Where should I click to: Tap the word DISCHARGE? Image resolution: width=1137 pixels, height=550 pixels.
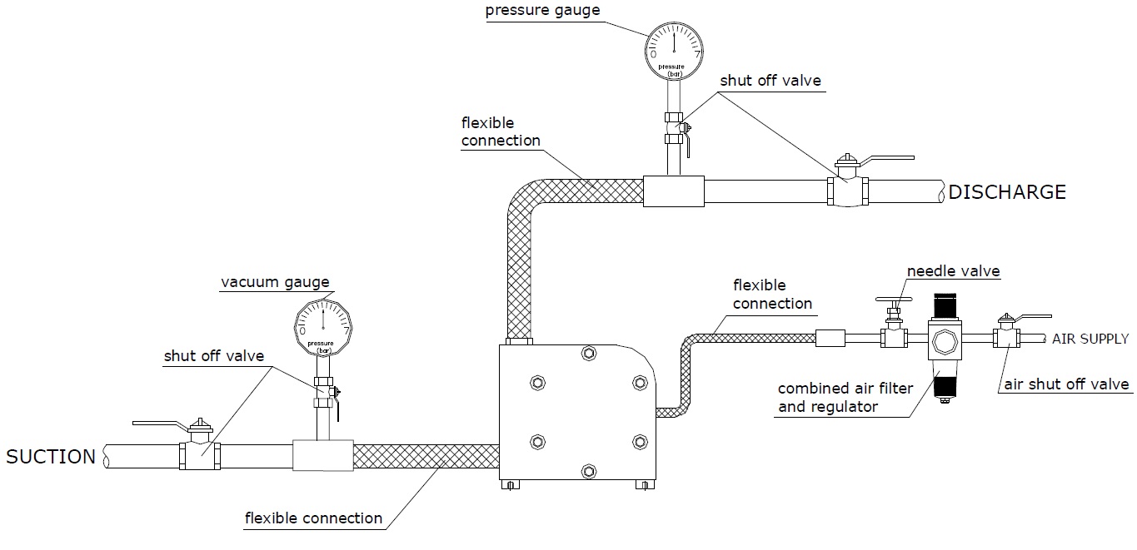coord(1007,192)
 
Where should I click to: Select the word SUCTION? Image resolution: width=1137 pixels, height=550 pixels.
coord(51,457)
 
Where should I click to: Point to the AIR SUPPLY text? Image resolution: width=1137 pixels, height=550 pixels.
coord(1090,339)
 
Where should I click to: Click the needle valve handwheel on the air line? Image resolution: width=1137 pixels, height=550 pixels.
coord(894,300)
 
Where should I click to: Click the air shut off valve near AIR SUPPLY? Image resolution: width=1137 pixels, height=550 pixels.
coord(1006,338)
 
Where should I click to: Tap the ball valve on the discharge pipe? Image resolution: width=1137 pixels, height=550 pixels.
coord(847,191)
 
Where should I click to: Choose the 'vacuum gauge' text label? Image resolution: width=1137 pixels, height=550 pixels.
coord(275,282)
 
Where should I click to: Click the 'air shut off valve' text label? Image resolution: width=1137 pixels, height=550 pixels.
coord(1065,384)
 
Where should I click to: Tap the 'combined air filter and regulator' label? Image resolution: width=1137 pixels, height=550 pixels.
coord(845,398)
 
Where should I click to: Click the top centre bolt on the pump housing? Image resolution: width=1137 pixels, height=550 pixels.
coord(588,354)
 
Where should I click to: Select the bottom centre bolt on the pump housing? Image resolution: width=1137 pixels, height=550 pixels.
coord(588,471)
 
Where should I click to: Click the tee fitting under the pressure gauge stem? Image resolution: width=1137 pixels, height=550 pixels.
coord(674,191)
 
